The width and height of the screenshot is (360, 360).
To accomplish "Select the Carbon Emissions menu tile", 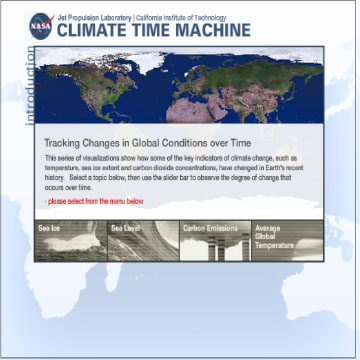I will tap(214, 242).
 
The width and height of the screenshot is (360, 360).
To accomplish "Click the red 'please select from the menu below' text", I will tap(95, 201).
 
